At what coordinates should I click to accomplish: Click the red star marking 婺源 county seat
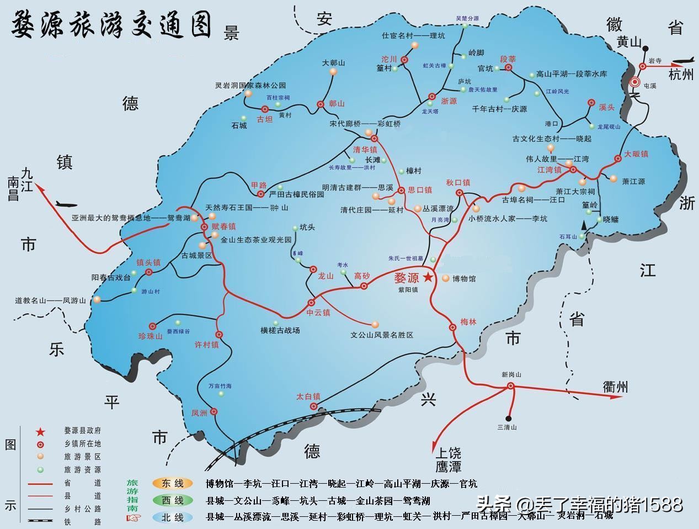[x=429, y=278]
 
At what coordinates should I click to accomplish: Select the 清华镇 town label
[x=365, y=150]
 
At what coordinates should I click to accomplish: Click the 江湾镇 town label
[x=549, y=170]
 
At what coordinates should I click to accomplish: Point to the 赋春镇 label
[x=223, y=226]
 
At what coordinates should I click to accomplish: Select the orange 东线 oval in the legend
[x=173, y=484]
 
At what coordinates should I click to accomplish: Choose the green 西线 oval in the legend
[x=173, y=500]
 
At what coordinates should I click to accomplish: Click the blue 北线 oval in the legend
[x=173, y=517]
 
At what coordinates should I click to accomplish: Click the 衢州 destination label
[x=615, y=387]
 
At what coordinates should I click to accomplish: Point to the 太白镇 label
[x=308, y=396]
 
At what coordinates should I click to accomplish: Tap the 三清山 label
[x=507, y=427]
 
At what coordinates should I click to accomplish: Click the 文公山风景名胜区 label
[x=382, y=335]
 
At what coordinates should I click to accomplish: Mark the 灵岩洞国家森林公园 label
[x=250, y=86]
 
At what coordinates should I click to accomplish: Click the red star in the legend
[x=40, y=431]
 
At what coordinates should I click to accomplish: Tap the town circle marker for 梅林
[x=453, y=327]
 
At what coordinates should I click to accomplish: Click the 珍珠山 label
[x=150, y=336]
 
